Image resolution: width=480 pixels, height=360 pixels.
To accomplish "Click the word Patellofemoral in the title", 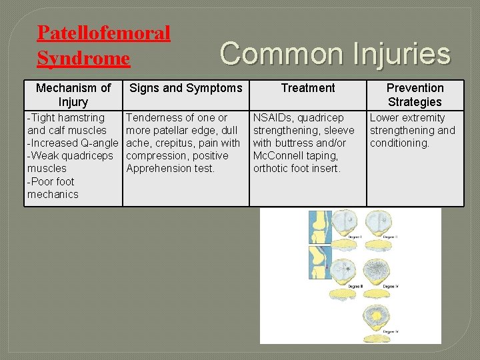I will point(103,33).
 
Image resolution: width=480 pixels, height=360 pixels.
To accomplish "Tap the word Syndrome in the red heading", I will point(83,59).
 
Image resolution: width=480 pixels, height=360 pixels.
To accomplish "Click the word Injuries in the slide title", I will point(393,53).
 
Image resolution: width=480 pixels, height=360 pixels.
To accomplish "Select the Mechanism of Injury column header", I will point(73,95).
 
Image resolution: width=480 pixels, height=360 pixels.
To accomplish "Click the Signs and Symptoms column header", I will point(185,88).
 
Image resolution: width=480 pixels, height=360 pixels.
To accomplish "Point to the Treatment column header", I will point(308,88).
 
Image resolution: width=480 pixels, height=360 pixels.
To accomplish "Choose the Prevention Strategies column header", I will point(415,95).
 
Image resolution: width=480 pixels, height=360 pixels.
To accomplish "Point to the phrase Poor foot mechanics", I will point(53,188).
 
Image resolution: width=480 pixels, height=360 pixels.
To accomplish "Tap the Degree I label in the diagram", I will point(355,237).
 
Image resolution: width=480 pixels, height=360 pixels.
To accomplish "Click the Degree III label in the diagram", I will point(355,287).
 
